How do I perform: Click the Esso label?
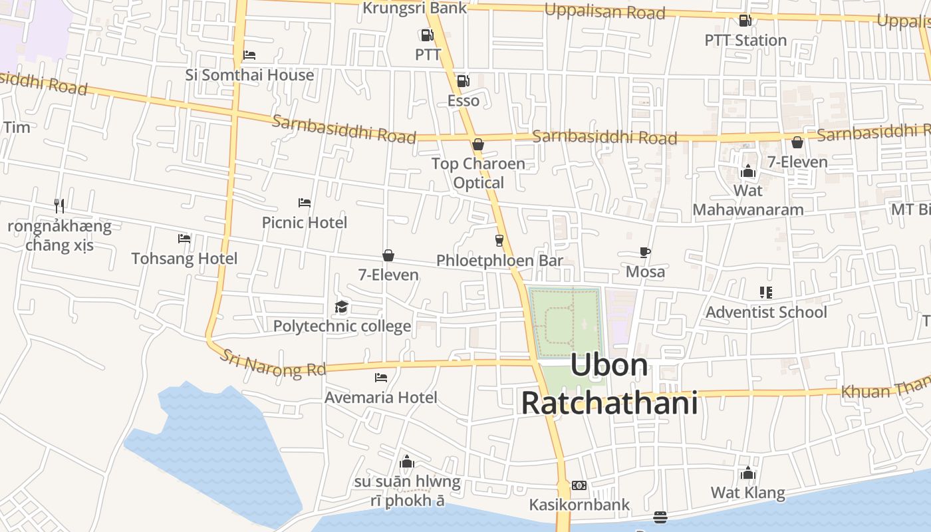pyautogui.click(x=463, y=101)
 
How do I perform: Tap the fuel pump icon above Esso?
pyautogui.click(x=463, y=81)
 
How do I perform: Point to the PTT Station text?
pyautogui.click(x=745, y=41)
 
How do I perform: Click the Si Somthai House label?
pyautogui.click(x=249, y=75)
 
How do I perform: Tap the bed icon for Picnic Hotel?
pyautogui.click(x=305, y=203)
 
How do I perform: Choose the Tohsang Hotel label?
pyautogui.click(x=184, y=259)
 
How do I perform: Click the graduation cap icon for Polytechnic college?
pyautogui.click(x=341, y=307)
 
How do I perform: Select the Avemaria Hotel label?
pyautogui.click(x=381, y=398)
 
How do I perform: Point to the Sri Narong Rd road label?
pyautogui.click(x=273, y=364)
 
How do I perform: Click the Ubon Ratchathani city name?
pyautogui.click(x=609, y=384)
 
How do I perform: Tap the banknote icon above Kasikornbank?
pyautogui.click(x=579, y=485)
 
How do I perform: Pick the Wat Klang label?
pyautogui.click(x=748, y=493)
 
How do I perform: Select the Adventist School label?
pyautogui.click(x=766, y=313)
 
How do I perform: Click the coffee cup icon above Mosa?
pyautogui.click(x=644, y=252)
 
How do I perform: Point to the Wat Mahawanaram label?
pyautogui.click(x=748, y=200)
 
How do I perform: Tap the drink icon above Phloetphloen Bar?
pyautogui.click(x=499, y=240)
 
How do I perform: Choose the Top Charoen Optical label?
pyautogui.click(x=478, y=173)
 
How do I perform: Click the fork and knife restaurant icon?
pyautogui.click(x=60, y=206)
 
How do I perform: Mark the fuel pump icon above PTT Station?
pyautogui.click(x=745, y=21)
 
